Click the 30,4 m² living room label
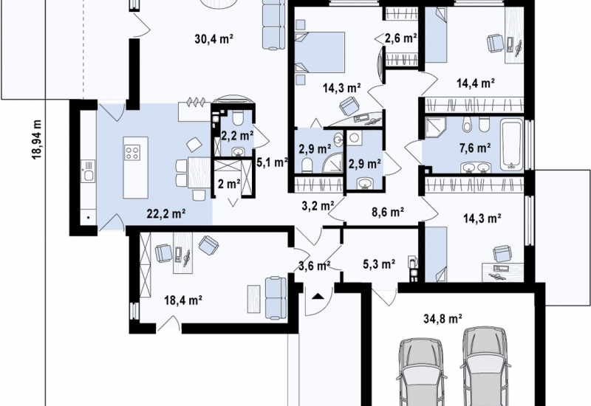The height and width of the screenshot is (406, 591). pos(214,38)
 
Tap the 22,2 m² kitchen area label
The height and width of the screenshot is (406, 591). pos(165,214)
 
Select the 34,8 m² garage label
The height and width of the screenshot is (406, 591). pos(443,319)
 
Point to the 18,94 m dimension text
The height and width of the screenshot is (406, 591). pos(37,140)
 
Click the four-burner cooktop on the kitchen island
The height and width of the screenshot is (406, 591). pos(133,153)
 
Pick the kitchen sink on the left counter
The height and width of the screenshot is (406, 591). pos(88,171)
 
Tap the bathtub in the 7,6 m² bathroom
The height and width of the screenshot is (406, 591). pos(511,145)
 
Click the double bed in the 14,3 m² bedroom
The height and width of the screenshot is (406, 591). pos(321,52)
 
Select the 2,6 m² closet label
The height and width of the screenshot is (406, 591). pos(400,38)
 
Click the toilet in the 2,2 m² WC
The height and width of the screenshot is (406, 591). pos(237,119)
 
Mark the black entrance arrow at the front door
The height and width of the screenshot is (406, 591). pos(318,296)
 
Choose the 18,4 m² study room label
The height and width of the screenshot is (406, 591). pos(183,300)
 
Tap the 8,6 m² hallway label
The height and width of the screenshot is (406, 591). pos(388,212)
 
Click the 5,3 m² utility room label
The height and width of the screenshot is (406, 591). pos(379,264)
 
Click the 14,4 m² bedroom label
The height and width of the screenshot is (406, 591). pos(476,83)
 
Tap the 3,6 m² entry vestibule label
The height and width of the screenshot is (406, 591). pos(315,266)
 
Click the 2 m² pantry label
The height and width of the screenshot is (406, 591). pos(229,184)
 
